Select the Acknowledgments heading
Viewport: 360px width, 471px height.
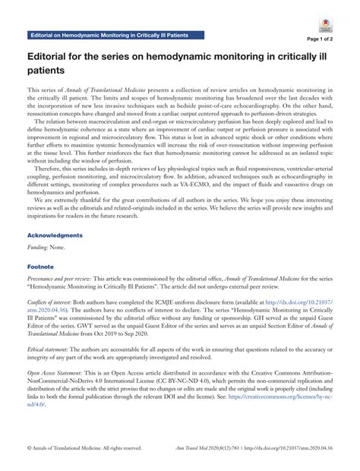point(55,235)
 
